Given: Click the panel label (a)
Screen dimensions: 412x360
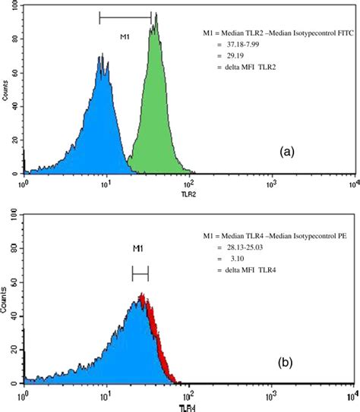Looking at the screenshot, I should point(286,151).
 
